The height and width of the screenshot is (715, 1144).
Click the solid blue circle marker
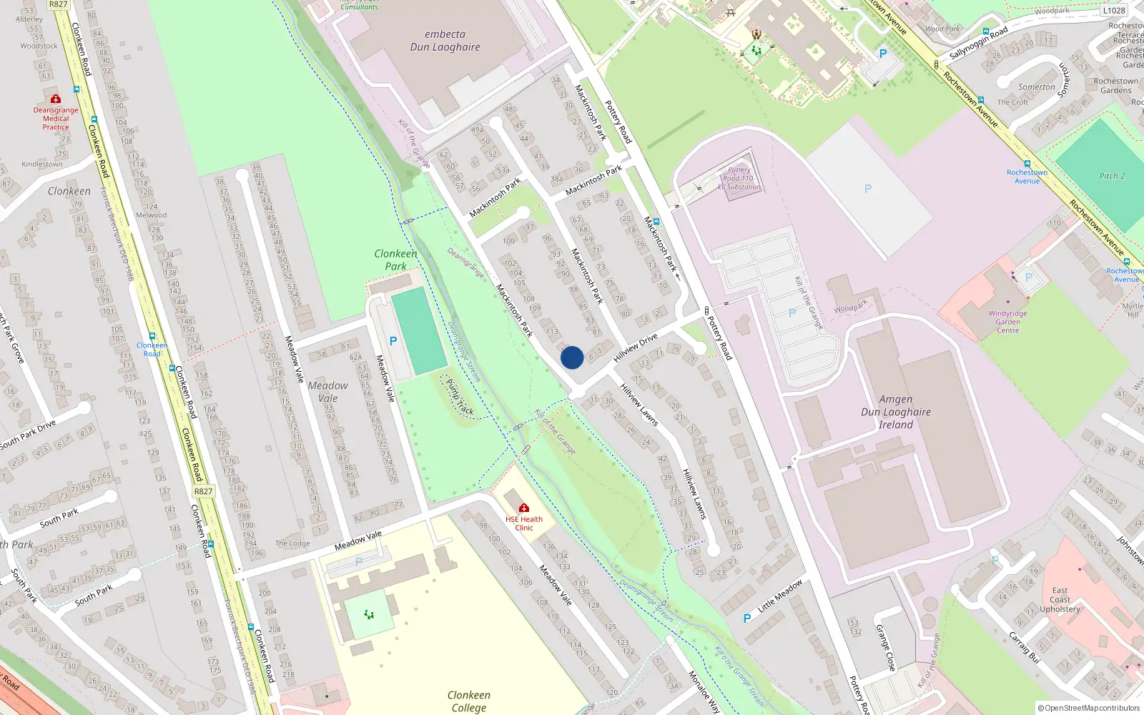[572, 357]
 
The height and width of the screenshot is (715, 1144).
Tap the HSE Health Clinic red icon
[524, 508]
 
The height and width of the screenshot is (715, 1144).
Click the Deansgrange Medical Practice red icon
[56, 99]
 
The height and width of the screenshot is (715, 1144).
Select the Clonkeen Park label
[395, 260]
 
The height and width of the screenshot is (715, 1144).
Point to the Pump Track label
[460, 397]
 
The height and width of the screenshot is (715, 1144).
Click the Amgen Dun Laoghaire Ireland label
[896, 412]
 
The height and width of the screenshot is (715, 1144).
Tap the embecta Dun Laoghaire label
[445, 41]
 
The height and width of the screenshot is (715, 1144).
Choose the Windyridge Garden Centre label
[1007, 322]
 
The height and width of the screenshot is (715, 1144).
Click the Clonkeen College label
[468, 701]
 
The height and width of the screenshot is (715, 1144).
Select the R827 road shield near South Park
[203, 491]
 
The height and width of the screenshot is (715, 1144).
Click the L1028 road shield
[1114, 10]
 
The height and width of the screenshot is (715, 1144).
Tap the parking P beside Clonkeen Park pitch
[393, 341]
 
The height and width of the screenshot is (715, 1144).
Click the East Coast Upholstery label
[1060, 600]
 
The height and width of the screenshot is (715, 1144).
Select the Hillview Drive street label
[635, 347]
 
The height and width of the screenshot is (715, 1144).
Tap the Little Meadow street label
[780, 596]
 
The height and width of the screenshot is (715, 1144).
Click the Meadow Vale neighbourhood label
[328, 392]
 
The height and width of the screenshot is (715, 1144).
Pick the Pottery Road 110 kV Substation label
[739, 179]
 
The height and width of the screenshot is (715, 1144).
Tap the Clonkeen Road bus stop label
[152, 349]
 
